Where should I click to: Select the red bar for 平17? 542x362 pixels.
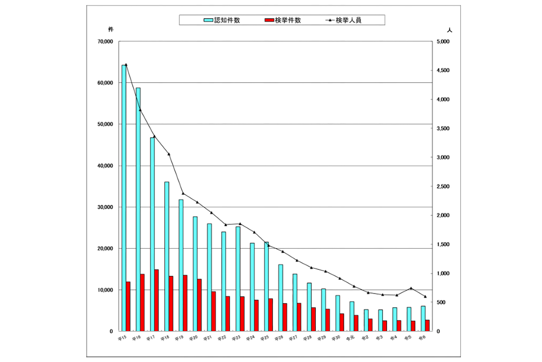tap(156, 300)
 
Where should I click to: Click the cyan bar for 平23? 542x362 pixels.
tap(238, 279)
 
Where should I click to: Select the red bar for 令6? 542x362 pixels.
tap(427, 325)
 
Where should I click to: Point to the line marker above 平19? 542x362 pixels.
tap(183, 193)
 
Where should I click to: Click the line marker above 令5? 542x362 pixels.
tap(411, 288)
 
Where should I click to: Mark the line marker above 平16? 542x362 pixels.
tap(140, 110)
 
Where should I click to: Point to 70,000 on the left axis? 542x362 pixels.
tap(105, 42)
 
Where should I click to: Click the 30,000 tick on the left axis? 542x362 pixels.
tap(105, 207)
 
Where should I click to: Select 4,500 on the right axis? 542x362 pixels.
tap(443, 71)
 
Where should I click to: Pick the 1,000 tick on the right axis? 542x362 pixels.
tap(443, 273)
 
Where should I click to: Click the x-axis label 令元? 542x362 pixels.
tap(350, 338)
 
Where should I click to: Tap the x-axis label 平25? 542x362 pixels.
tap(264, 338)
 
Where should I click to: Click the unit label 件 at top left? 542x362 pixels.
tap(111, 29)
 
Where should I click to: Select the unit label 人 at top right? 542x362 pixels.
tap(449, 30)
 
